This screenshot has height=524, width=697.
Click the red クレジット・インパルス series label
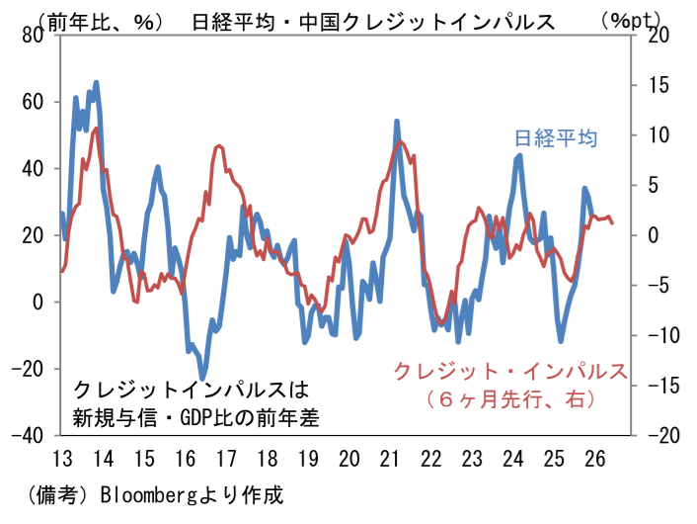tap(510, 371)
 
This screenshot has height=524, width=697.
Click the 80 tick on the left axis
tap(33, 35)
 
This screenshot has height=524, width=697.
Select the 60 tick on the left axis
tap(33, 102)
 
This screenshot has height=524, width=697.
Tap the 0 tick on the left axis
tap(39, 302)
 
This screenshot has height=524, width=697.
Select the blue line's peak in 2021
tap(396, 122)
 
